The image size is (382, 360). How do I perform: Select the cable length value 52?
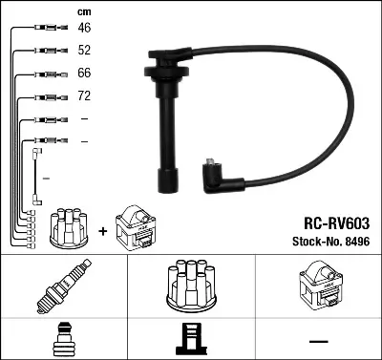click(83, 52)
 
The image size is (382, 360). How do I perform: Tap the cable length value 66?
click(83, 74)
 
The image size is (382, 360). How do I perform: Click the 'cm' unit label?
click(82, 11)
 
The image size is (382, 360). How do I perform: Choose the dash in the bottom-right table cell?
click(317, 338)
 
